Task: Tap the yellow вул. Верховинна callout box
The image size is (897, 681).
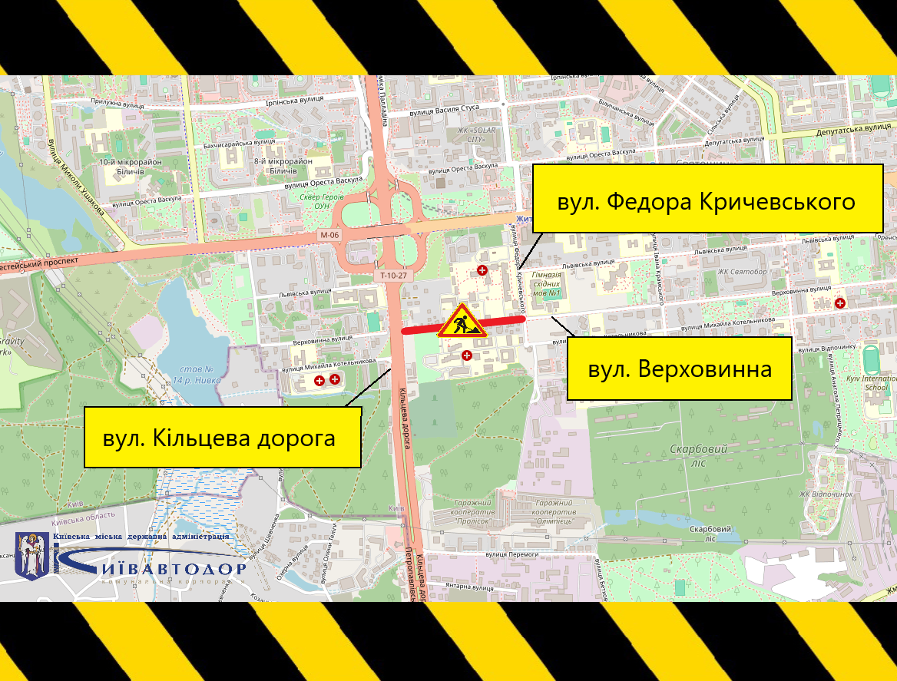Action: tap(679, 369)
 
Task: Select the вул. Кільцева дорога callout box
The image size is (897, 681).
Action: tap(222, 438)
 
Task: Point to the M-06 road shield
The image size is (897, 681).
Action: tap(330, 235)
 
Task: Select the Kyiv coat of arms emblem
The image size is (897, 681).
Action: tap(32, 554)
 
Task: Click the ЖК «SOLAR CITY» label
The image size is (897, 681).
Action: tap(477, 134)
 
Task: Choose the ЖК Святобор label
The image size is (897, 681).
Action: tap(743, 271)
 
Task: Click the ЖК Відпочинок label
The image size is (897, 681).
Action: tap(826, 494)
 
